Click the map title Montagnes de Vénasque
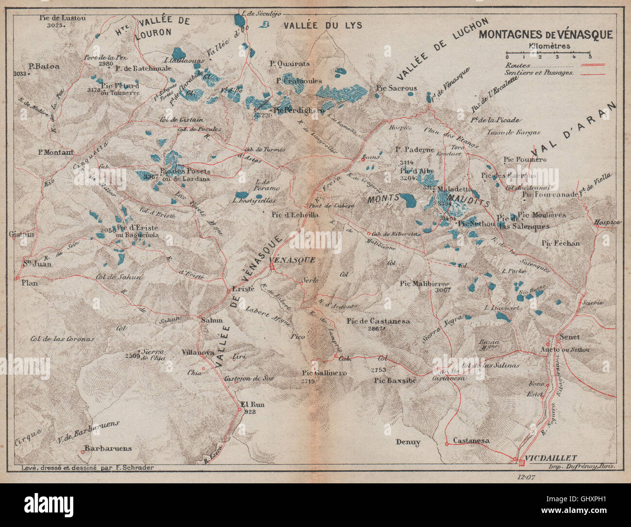click(546, 35)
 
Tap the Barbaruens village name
click(108, 448)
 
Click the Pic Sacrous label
click(396, 88)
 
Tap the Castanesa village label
click(471, 441)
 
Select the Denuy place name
click(408, 442)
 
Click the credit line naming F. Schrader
click(88, 467)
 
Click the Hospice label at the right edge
click(607, 222)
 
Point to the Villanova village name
click(198, 353)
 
